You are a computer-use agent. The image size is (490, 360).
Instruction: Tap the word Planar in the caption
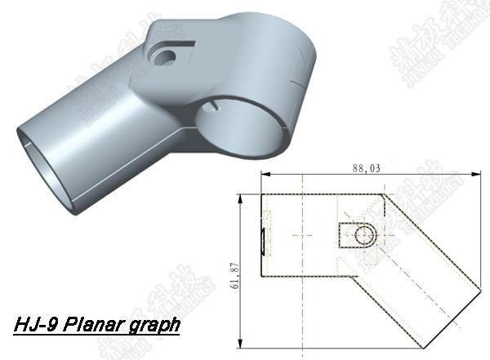95,325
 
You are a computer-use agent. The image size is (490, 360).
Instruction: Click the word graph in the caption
152,326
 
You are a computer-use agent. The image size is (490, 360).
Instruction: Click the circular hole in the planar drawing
364,235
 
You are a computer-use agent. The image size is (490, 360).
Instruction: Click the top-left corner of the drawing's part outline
261,193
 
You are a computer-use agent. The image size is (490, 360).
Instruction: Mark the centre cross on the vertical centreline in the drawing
304,236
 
